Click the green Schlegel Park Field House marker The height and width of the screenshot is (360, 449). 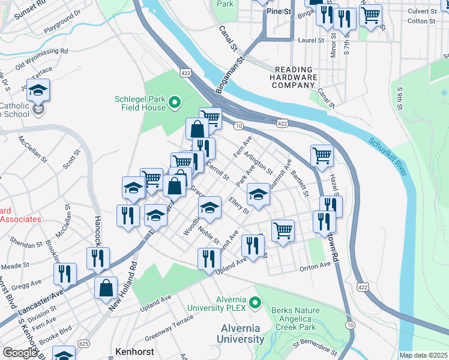(x=175, y=103)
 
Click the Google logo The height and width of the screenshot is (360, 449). (x=19, y=353)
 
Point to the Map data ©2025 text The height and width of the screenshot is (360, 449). (x=423, y=355)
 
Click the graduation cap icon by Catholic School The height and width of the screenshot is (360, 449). (x=38, y=91)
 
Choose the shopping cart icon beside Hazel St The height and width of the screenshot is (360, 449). (x=322, y=157)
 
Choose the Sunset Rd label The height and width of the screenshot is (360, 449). (x=30, y=11)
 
